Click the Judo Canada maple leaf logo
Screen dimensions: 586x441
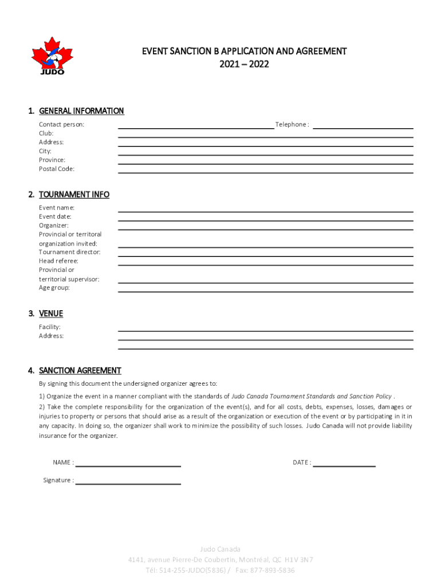tap(52, 56)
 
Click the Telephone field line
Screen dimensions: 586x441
tap(363, 128)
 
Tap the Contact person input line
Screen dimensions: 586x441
tap(196, 128)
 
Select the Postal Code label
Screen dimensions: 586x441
tap(57, 169)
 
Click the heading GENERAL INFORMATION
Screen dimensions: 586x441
tap(81, 111)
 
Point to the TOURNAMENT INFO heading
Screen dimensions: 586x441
tap(74, 195)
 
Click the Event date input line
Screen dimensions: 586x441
tap(265, 220)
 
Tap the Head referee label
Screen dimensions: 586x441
tap(58, 261)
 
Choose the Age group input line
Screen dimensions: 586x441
tap(265, 291)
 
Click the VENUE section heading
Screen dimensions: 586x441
tap(51, 314)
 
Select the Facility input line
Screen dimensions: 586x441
tap(265, 330)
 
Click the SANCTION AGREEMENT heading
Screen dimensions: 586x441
tap(80, 371)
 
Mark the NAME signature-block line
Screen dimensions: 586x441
tap(128, 466)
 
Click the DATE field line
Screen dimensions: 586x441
tap(344, 466)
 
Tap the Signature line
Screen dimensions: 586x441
tap(128, 484)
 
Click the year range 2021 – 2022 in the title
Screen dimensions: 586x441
tap(245, 65)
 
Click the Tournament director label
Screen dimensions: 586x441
tap(70, 252)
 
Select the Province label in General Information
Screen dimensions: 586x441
tap(52, 160)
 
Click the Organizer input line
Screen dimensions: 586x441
tap(265, 229)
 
